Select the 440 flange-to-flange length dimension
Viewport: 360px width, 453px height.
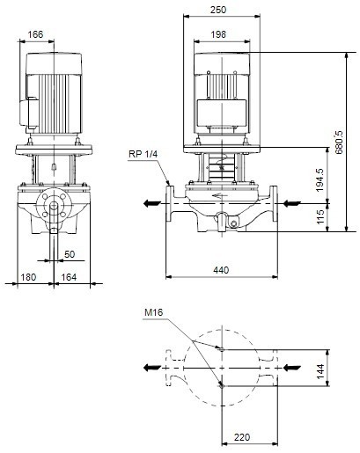point(222,268)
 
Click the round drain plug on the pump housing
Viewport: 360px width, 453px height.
point(233,223)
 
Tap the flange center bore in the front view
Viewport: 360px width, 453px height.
point(54,209)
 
